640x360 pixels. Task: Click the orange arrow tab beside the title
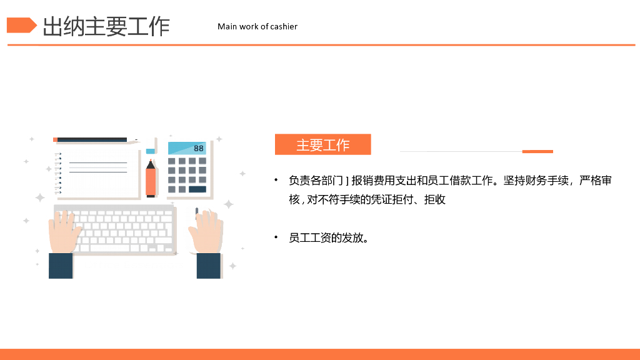coord(21,26)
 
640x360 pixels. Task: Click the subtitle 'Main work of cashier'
coord(257,26)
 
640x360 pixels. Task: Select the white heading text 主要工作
coord(322,145)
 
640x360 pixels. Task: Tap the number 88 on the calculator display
coord(199,148)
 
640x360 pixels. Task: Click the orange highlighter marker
coord(151,180)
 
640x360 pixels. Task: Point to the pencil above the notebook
coord(94,139)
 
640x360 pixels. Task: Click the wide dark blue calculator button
coord(197,189)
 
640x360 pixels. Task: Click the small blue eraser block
coord(151,151)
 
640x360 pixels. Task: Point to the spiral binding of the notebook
coord(58,173)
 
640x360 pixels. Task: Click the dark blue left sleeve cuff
coord(61,266)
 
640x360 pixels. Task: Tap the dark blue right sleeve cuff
coord(209,266)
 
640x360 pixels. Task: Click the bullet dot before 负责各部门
coord(276,181)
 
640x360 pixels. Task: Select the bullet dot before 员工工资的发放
coord(276,237)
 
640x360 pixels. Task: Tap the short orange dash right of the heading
coord(537,151)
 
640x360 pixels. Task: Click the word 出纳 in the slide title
coord(62,27)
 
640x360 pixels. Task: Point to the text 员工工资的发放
coord(328,238)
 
